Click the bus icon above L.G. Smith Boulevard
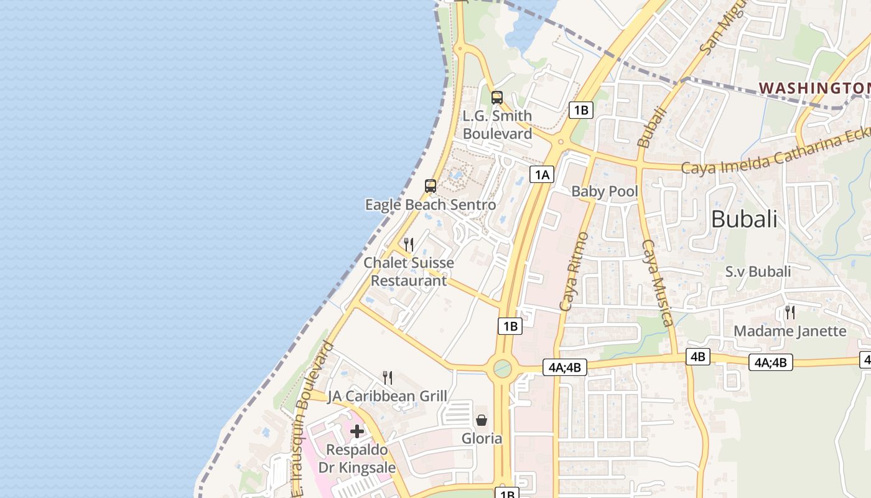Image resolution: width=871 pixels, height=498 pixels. tap(496, 98)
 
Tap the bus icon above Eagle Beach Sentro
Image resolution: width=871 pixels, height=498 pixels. tap(430, 186)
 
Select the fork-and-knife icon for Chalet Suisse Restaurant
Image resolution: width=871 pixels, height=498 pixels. tap(409, 244)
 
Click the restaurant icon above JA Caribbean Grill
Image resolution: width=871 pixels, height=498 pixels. tap(388, 377)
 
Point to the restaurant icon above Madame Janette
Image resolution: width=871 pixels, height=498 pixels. tap(790, 312)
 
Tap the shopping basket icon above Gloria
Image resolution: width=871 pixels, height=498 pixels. tap(482, 420)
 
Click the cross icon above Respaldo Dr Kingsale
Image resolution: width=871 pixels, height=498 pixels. tap(357, 431)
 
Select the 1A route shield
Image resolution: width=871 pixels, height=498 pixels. tap(542, 174)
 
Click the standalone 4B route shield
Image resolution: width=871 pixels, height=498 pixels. tap(697, 357)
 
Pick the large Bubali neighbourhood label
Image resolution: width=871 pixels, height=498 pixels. tap(744, 219)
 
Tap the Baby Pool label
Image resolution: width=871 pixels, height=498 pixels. tap(605, 191)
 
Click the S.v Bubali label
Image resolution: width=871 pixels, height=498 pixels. tap(758, 271)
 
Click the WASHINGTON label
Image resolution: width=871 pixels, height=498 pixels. tap(814, 88)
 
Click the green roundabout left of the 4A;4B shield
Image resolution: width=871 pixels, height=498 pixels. tap(502, 369)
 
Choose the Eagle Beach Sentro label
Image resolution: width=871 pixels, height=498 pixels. tap(431, 204)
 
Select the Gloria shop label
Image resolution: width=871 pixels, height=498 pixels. tap(482, 438)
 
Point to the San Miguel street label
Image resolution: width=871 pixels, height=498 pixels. tap(723, 27)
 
